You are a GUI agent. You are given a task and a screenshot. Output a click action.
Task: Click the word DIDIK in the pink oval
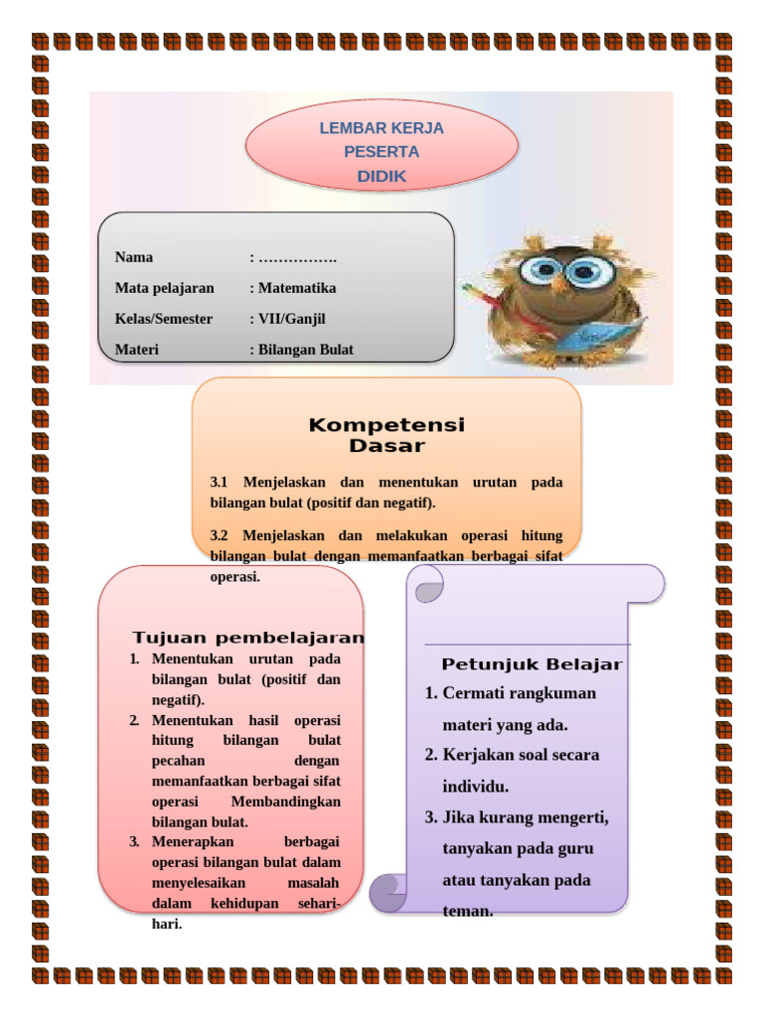click(381, 177)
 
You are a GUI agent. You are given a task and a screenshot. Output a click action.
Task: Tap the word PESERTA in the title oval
click(381, 152)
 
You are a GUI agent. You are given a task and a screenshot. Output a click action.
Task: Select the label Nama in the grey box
click(134, 257)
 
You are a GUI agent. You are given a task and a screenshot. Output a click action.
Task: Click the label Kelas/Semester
click(164, 319)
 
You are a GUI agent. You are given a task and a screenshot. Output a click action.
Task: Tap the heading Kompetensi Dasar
click(386, 435)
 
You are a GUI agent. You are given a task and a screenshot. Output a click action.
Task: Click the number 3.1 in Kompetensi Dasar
click(220, 483)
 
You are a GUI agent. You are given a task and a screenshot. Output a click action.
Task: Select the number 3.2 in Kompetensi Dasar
click(220, 536)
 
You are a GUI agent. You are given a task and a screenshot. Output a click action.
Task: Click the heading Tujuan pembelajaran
click(248, 638)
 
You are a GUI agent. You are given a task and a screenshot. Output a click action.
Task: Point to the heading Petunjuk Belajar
click(532, 664)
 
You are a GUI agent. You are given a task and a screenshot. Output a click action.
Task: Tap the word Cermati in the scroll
click(473, 693)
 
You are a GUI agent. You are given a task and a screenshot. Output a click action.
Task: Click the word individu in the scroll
click(476, 787)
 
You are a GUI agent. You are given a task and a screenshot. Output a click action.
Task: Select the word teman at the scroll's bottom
click(467, 911)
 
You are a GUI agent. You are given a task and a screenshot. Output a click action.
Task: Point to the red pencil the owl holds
click(478, 296)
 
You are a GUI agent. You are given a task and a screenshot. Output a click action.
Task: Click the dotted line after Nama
click(297, 258)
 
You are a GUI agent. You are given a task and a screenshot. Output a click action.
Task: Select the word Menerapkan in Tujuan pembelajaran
click(193, 842)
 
